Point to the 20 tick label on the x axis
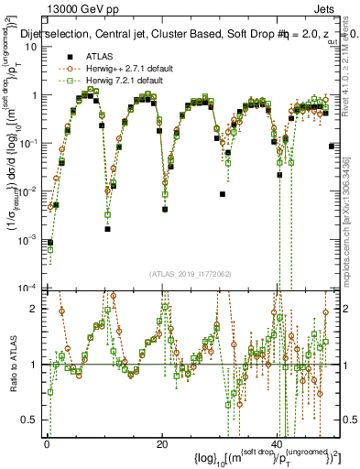[162, 443]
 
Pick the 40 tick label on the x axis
[278, 443]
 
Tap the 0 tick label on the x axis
[47, 443]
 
